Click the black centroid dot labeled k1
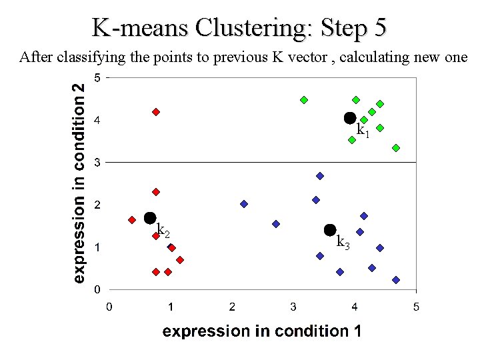[350, 118]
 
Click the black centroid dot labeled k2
[150, 218]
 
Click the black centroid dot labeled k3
[330, 230]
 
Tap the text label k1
[363, 130]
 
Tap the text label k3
[343, 242]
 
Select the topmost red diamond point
[156, 112]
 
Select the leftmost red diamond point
[132, 220]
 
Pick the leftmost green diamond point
[304, 100]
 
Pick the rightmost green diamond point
[396, 148]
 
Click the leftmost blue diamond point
[244, 204]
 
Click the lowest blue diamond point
[396, 280]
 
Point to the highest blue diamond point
[320, 176]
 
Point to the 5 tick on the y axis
[97, 78]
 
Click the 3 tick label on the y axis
[97, 162]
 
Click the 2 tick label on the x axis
[232, 307]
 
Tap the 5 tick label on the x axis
[416, 307]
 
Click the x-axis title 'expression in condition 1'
[262, 331]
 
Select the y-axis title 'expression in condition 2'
[79, 182]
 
